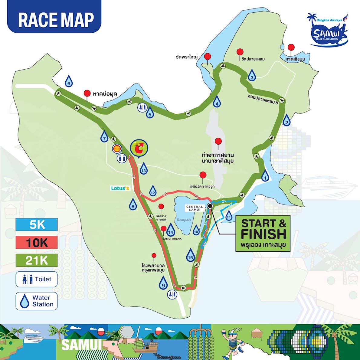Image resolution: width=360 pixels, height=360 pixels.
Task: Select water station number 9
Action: (x=163, y=283)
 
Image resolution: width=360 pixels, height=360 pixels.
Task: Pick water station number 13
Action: (x=143, y=169)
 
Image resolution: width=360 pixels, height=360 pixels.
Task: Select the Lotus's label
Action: (x=120, y=188)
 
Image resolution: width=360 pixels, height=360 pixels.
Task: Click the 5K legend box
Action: (x=37, y=225)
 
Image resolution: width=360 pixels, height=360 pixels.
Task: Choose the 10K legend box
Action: (x=37, y=242)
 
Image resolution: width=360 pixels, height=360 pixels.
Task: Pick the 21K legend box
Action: (x=37, y=260)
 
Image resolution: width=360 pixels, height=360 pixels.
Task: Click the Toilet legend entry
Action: (x=37, y=279)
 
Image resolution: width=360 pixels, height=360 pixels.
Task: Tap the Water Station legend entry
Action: (x=37, y=301)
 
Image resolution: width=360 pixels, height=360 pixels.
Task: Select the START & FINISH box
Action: (x=263, y=233)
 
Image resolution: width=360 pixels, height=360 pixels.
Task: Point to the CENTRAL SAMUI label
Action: (x=195, y=208)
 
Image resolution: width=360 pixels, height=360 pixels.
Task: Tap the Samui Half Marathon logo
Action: (x=328, y=30)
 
